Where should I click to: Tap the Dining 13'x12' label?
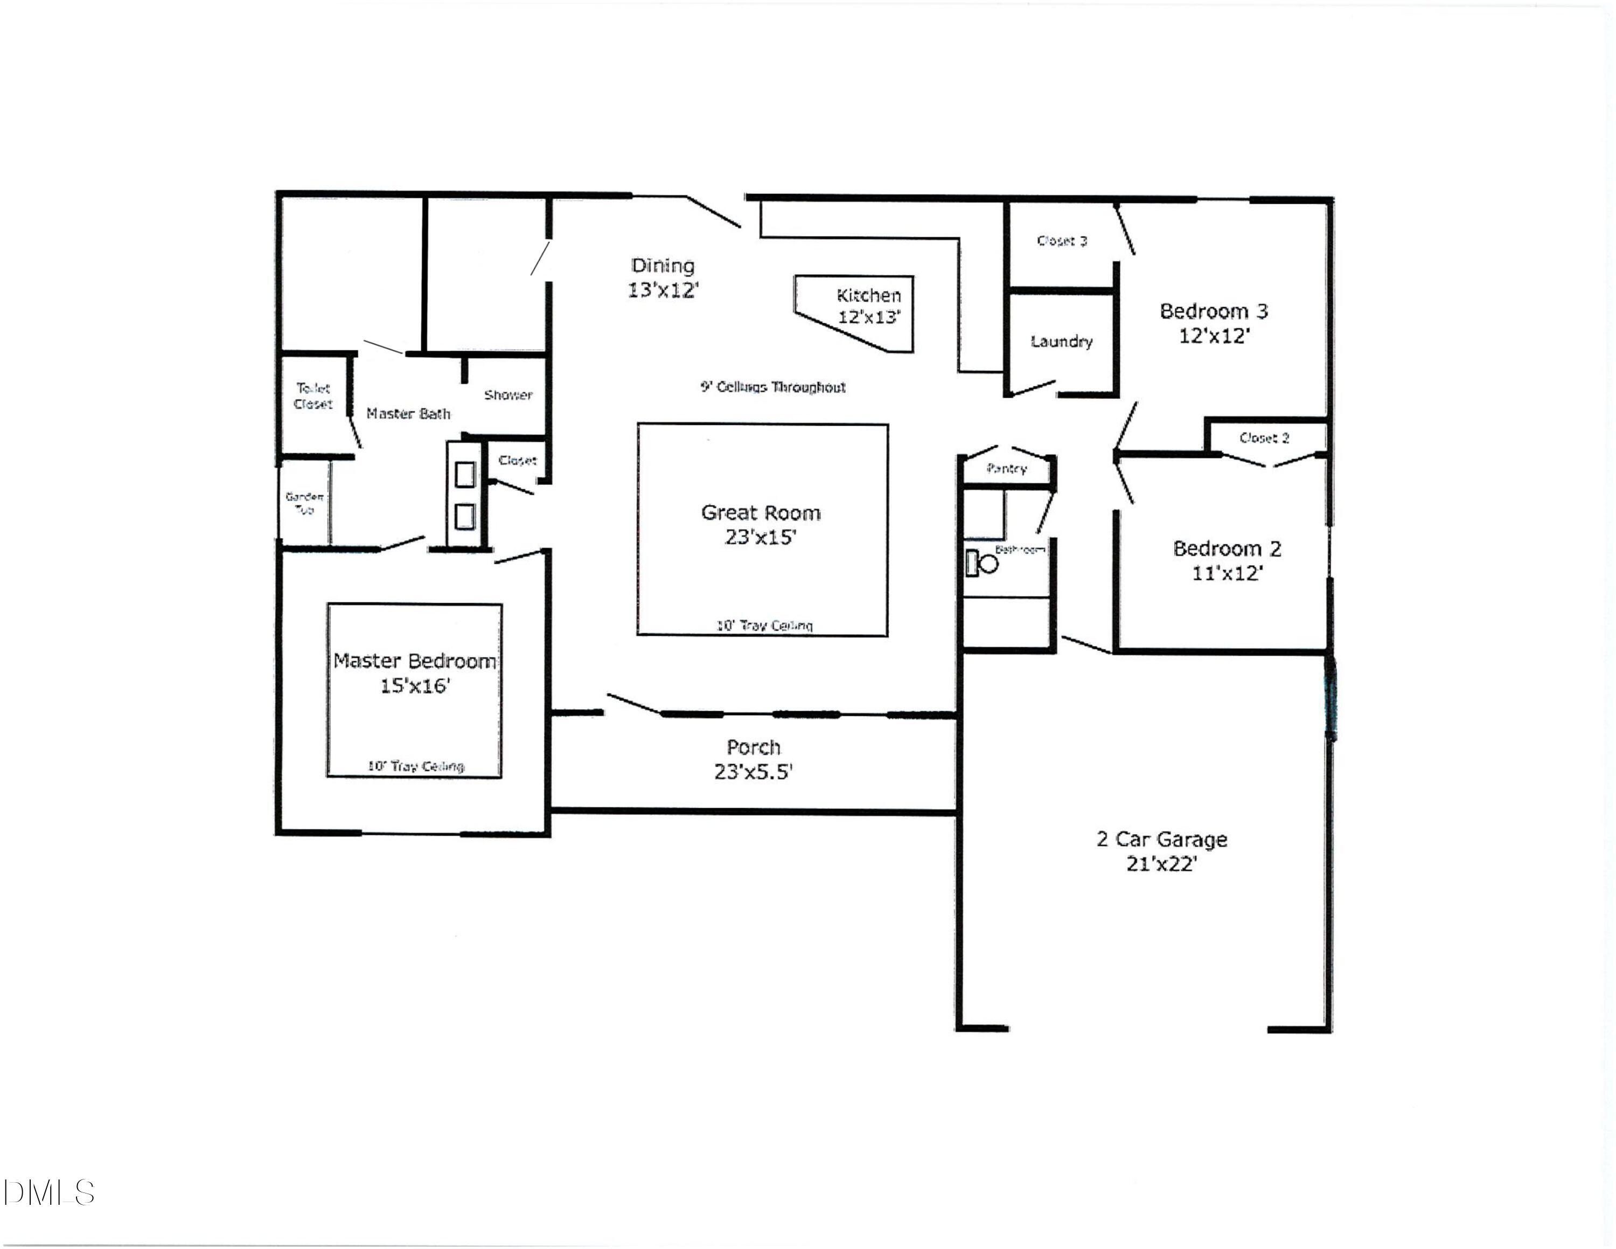pyautogui.click(x=663, y=277)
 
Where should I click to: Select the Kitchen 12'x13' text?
pyautogui.click(x=869, y=306)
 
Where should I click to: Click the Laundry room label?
pyautogui.click(x=1061, y=341)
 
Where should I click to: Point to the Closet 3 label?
pyautogui.click(x=1062, y=240)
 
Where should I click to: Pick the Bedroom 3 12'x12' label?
pyautogui.click(x=1214, y=323)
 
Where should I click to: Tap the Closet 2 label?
pyautogui.click(x=1264, y=438)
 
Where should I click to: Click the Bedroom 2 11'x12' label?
pyautogui.click(x=1227, y=560)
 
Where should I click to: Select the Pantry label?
pyautogui.click(x=1006, y=468)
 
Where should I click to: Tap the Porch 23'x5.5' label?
pyautogui.click(x=753, y=759)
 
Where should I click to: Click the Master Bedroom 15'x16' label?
pyautogui.click(x=414, y=672)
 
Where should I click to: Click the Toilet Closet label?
pyautogui.click(x=313, y=396)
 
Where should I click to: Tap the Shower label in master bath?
pyautogui.click(x=509, y=395)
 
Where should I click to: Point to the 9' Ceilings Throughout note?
pyautogui.click(x=772, y=387)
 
